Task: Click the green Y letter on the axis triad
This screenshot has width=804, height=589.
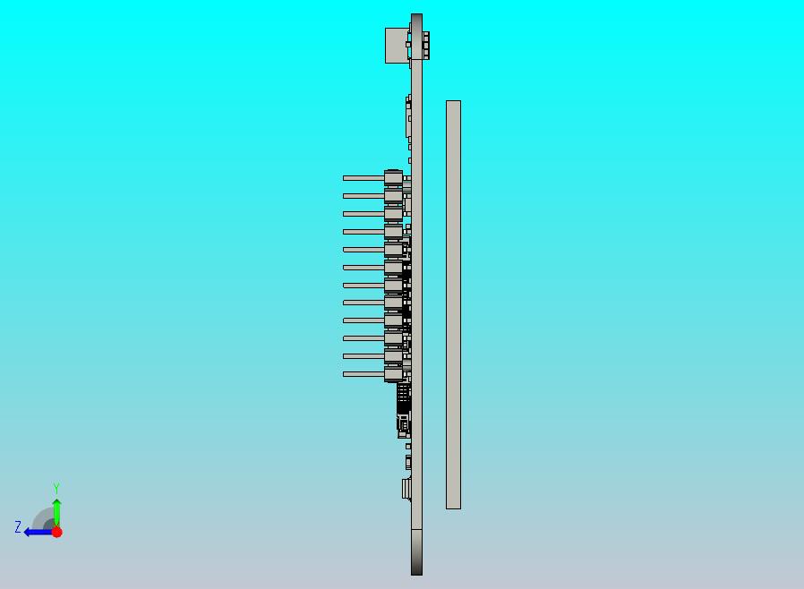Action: [56, 488]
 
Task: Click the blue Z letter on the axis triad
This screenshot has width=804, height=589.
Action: [17, 527]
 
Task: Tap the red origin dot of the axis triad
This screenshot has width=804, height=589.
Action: [56, 532]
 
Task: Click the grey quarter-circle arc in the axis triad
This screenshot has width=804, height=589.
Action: [43, 518]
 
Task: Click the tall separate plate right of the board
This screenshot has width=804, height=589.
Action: [453, 304]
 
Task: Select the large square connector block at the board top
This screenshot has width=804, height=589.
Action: [398, 45]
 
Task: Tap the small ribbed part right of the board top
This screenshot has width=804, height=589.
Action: [426, 45]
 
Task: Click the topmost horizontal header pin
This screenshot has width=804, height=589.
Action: [363, 178]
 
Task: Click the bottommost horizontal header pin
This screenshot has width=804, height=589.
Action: [363, 374]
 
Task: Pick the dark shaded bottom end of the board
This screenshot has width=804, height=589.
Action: [416, 552]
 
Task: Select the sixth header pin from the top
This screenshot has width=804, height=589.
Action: [363, 268]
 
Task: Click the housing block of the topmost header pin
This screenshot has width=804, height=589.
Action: [393, 177]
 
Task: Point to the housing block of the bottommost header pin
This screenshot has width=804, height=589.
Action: [393, 374]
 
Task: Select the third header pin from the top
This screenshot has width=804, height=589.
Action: [363, 214]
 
